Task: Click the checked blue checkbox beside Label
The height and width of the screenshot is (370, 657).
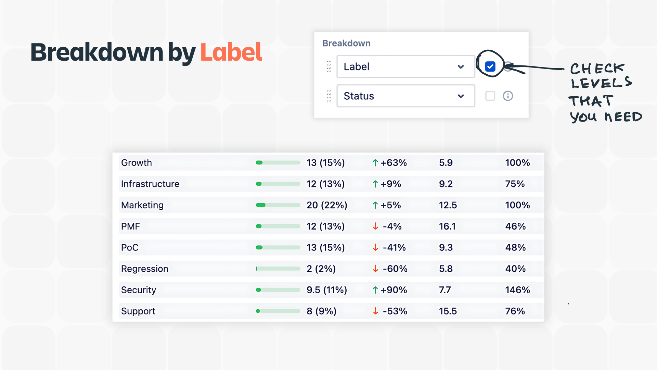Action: pyautogui.click(x=490, y=66)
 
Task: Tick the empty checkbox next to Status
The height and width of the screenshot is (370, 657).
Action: pyautogui.click(x=490, y=96)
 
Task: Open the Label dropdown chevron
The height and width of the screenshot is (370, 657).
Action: pyautogui.click(x=461, y=67)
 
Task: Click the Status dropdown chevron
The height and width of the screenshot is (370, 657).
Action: pyautogui.click(x=461, y=96)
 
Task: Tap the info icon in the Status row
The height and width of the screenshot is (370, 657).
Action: pyautogui.click(x=508, y=96)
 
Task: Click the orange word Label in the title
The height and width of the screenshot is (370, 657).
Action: pyautogui.click(x=231, y=52)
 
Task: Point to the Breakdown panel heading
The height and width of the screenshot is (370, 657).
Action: pyautogui.click(x=346, y=44)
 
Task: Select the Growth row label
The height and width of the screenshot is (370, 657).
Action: pyautogui.click(x=136, y=163)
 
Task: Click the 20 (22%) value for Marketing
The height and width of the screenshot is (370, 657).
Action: pyautogui.click(x=326, y=205)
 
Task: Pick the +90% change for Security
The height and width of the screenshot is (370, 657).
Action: pyautogui.click(x=394, y=290)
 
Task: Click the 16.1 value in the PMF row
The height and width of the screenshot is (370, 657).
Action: pyautogui.click(x=447, y=226)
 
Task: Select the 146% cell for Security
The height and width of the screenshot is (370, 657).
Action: pyautogui.click(x=517, y=290)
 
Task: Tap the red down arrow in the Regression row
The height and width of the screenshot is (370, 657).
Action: pyautogui.click(x=375, y=269)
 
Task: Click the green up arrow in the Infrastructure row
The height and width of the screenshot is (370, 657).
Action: pyautogui.click(x=375, y=184)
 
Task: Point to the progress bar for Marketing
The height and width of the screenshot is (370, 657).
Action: pyautogui.click(x=278, y=205)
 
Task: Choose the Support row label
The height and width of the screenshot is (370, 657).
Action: pyautogui.click(x=138, y=311)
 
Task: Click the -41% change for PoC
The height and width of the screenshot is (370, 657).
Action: pyautogui.click(x=394, y=248)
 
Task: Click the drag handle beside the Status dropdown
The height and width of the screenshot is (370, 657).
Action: pyautogui.click(x=329, y=96)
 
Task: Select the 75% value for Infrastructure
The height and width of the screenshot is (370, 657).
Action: pyautogui.click(x=515, y=184)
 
